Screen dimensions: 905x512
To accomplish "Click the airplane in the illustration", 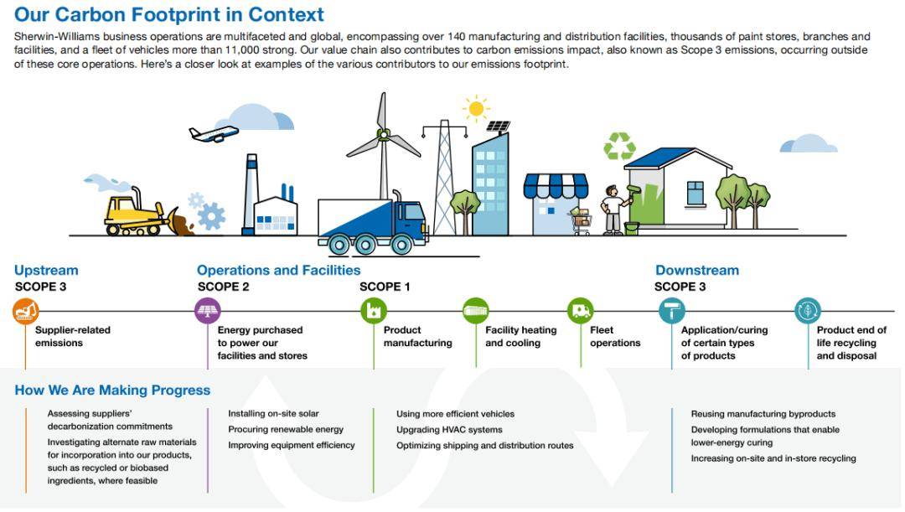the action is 214,134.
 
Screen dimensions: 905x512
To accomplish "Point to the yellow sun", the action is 476,109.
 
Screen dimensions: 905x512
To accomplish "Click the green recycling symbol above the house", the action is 619,146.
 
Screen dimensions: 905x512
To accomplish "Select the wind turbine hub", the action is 383,135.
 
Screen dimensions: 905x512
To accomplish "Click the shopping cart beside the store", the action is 580,221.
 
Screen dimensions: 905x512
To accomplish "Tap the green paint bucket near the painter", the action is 632,229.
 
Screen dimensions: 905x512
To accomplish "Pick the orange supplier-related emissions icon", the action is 26,311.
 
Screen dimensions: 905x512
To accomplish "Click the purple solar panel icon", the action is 208,311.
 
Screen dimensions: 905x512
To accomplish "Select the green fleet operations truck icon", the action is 581,311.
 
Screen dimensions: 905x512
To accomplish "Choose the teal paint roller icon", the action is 672,311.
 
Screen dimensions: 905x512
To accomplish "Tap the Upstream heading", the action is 46,270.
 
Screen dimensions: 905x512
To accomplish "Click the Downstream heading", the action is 697,270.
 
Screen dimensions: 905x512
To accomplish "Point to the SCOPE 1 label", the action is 385,287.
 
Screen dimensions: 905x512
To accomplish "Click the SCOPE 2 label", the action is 224,287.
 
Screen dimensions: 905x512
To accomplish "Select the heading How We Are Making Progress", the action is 112,390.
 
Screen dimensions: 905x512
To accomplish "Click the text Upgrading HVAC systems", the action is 449,430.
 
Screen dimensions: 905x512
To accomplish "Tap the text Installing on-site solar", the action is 273,414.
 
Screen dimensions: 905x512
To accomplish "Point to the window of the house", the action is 696,194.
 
